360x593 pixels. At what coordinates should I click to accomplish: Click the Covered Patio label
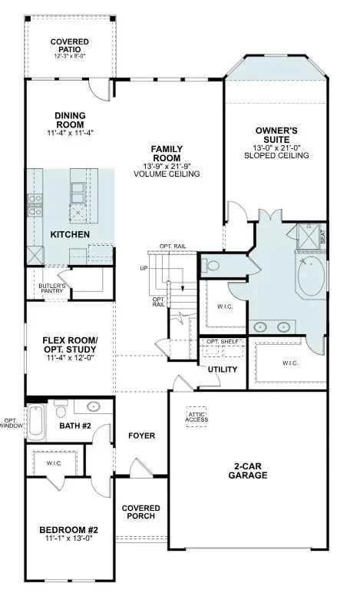[70, 45]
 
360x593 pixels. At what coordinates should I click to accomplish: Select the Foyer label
[143, 436]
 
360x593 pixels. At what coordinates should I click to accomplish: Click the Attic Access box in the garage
[197, 417]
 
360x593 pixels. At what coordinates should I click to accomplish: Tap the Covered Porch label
[142, 512]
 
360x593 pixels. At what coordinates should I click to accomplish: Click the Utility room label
[222, 369]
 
